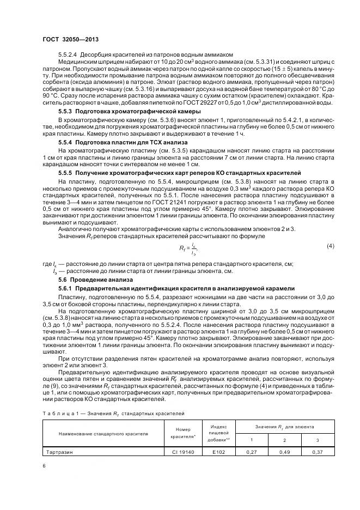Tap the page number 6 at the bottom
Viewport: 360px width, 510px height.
pyautogui.click(x=44, y=464)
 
